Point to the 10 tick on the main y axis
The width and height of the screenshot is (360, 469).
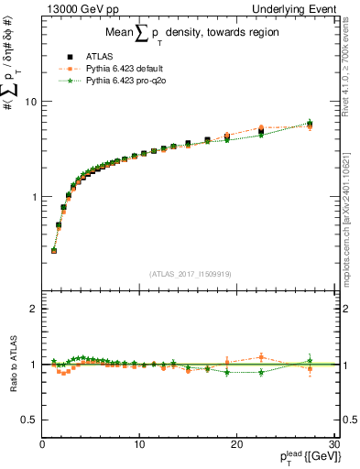[x=32, y=102]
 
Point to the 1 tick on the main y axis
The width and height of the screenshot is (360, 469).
[x=34, y=197]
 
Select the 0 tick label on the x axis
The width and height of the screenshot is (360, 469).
[x=43, y=445]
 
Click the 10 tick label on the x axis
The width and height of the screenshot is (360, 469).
[x=139, y=445]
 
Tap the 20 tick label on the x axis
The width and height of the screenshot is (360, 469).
[x=236, y=445]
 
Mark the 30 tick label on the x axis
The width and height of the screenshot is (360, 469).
[x=333, y=445]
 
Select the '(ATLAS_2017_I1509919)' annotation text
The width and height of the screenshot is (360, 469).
[x=190, y=272]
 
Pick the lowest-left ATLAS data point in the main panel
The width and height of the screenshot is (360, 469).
[x=54, y=250]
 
